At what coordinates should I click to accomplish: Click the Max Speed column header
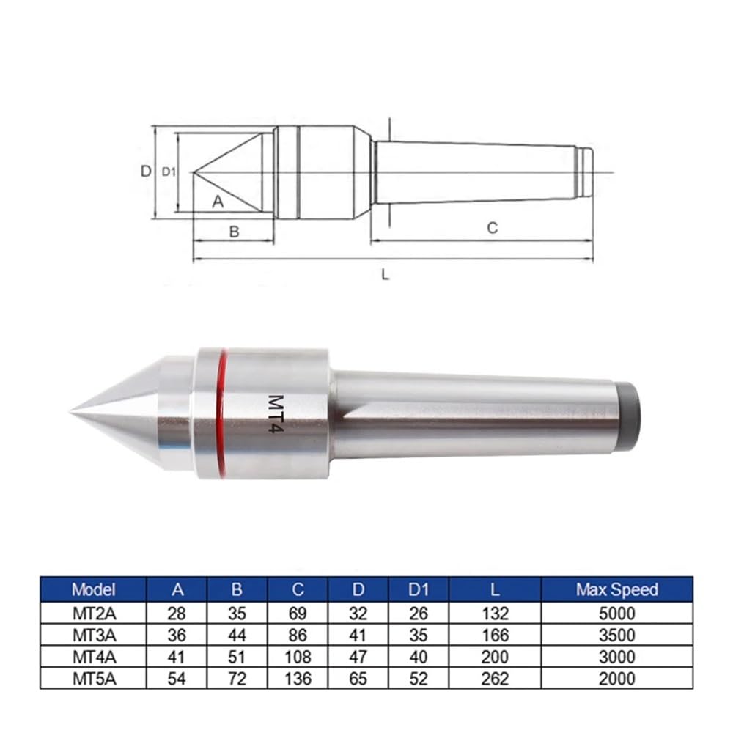point(616,589)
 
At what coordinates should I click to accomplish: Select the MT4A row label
point(94,657)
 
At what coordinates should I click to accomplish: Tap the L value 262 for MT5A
point(495,679)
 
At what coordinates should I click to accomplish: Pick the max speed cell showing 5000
point(616,614)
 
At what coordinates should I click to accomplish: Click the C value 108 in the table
point(298,657)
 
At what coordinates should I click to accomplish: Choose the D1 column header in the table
point(419,589)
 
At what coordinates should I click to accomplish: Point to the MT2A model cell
point(94,614)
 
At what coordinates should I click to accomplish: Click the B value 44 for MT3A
point(237,635)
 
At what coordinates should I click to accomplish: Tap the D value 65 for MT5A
point(358,679)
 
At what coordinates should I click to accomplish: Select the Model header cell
point(94,589)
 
